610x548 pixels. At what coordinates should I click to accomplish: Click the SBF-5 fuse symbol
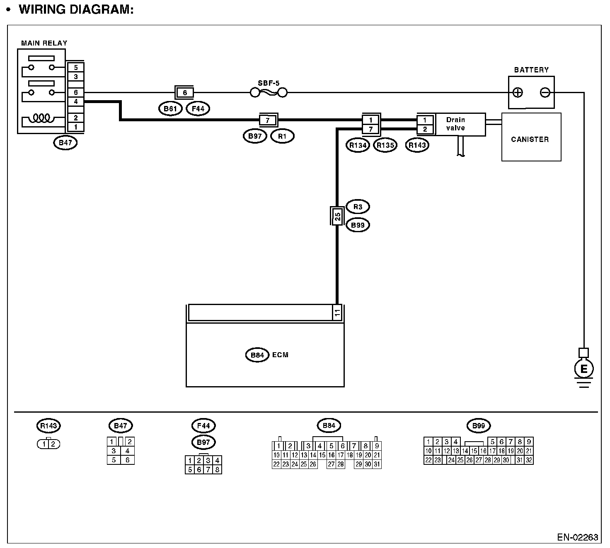click(x=269, y=92)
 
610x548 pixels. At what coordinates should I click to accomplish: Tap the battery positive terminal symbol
click(x=518, y=92)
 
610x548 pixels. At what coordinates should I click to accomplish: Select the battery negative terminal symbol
click(x=545, y=92)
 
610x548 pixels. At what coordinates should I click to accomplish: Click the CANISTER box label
click(x=530, y=139)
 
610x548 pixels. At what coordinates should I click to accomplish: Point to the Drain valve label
click(x=455, y=124)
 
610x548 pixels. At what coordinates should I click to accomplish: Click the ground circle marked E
click(x=583, y=369)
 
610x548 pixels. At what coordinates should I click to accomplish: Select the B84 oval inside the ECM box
click(x=257, y=355)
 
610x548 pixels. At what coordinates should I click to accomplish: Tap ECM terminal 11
click(x=337, y=313)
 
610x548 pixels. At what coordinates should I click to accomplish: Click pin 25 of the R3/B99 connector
click(x=337, y=216)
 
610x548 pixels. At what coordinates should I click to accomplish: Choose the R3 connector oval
click(x=357, y=207)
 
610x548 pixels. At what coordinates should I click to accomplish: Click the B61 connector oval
click(x=170, y=109)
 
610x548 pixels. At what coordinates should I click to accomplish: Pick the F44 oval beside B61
click(x=198, y=109)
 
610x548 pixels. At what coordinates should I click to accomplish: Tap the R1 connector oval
click(x=282, y=136)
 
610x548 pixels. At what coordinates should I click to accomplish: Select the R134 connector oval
click(x=358, y=145)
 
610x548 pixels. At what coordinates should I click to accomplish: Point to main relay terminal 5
click(x=76, y=67)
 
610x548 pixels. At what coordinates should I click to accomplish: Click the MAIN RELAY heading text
click(x=44, y=43)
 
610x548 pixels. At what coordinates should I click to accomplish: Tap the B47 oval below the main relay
click(x=65, y=143)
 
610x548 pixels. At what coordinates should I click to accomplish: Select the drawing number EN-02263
click(x=577, y=537)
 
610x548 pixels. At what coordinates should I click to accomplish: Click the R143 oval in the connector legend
click(x=49, y=425)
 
